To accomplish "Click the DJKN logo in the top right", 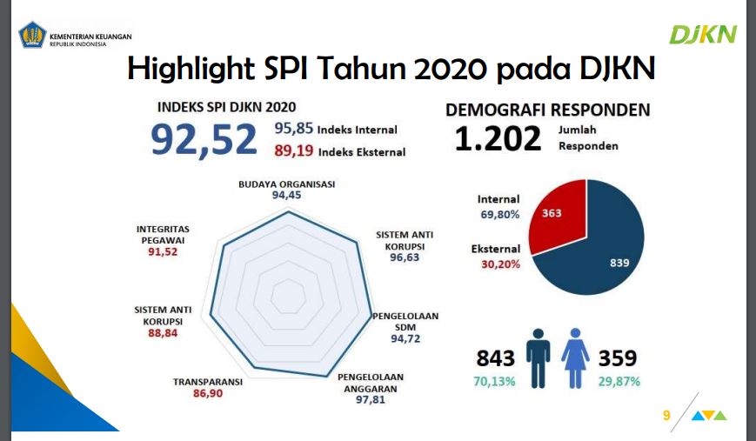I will [703, 35].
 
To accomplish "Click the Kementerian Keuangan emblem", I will [32, 37].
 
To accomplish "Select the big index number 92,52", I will [204, 139].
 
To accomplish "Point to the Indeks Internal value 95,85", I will [293, 129].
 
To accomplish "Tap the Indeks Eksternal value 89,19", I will [293, 151].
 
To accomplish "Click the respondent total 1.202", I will [498, 138].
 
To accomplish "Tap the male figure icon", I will [539, 357].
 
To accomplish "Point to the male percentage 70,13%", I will [495, 381].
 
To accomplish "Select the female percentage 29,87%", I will [618, 381].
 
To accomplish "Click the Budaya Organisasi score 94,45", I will [286, 196].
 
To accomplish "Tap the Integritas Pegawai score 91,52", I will [163, 252].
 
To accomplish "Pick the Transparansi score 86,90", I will [207, 394].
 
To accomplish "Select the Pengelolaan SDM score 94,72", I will [405, 339].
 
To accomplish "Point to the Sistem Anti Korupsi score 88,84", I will [163, 333].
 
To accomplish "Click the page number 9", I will [666, 416].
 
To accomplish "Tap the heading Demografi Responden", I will [547, 110].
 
